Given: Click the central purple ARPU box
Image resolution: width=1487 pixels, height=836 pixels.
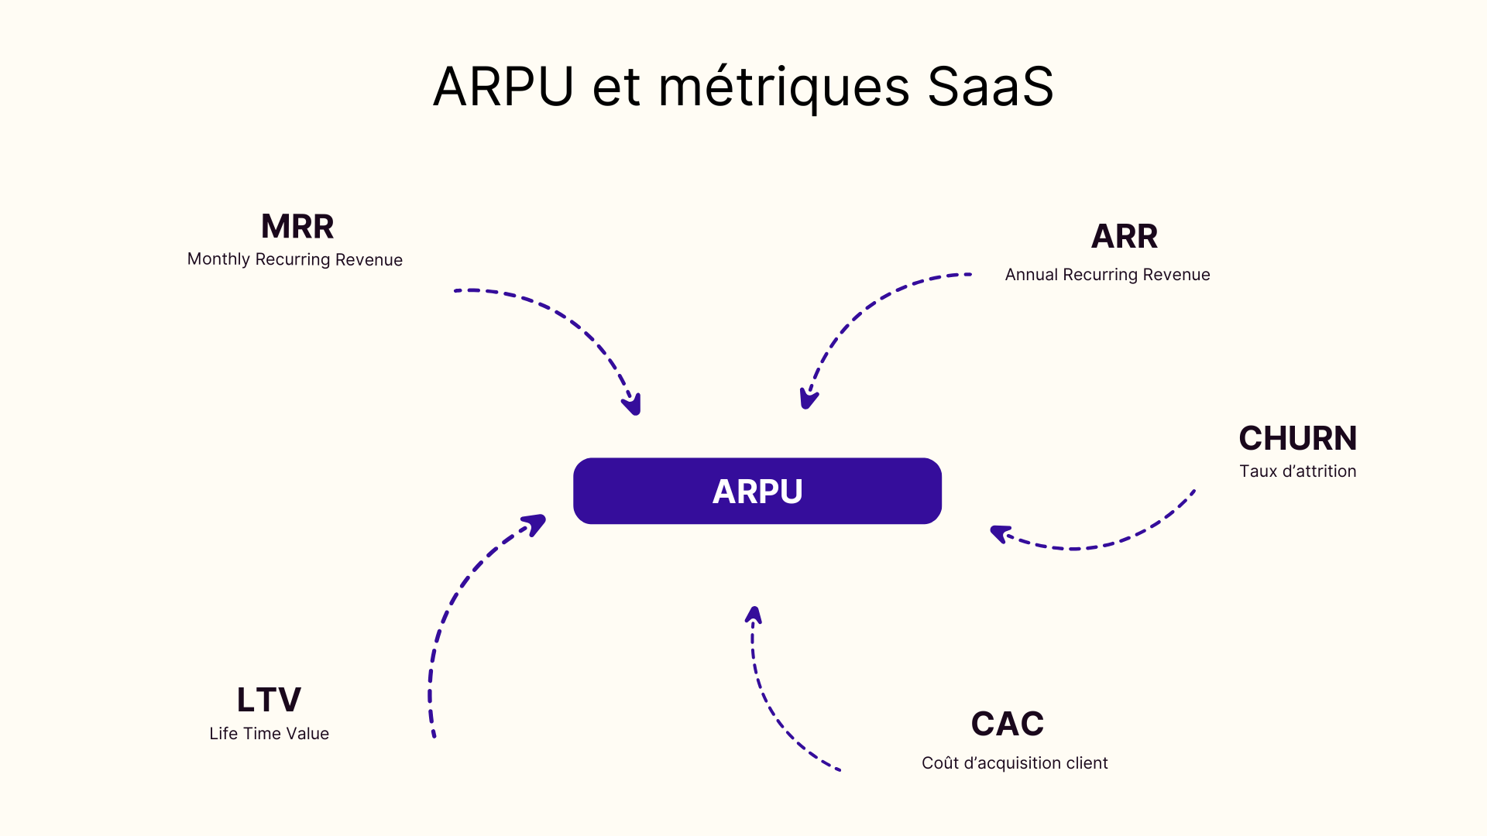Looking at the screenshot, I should (x=757, y=491).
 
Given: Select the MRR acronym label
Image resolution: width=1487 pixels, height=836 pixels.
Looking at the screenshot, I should (x=297, y=227).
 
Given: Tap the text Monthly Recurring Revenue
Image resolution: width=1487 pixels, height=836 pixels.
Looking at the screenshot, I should (x=294, y=259).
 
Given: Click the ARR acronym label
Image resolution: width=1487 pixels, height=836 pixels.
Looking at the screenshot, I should (x=1124, y=236).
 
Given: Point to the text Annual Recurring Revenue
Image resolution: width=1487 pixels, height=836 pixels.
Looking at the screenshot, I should (x=1107, y=275).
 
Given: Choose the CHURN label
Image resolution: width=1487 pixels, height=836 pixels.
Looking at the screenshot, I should (x=1297, y=438).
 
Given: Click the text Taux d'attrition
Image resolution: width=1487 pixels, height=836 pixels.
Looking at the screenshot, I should (x=1297, y=471).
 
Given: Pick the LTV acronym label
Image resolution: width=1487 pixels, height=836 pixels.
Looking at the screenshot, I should (x=269, y=700).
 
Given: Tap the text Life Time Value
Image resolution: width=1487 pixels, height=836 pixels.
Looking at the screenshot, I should (x=269, y=734).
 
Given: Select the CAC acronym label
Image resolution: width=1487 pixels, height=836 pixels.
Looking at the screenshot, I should (x=1007, y=724).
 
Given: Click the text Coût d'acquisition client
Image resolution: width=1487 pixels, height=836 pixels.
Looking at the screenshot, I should (x=1015, y=763).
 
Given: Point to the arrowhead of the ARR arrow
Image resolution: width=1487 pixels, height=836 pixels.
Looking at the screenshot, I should (x=808, y=399).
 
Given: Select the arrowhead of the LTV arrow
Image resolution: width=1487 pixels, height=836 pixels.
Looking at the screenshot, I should (x=535, y=524).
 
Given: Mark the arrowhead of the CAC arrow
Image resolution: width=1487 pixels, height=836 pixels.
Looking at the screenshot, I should (x=754, y=615).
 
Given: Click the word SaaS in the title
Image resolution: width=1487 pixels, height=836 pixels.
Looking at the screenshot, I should (x=990, y=86).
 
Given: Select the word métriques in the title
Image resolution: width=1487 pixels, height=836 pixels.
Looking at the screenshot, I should (x=784, y=86).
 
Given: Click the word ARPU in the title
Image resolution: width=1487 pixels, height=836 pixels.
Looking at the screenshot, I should (x=503, y=86).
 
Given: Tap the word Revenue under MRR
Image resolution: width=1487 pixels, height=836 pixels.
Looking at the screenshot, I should (x=369, y=260).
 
